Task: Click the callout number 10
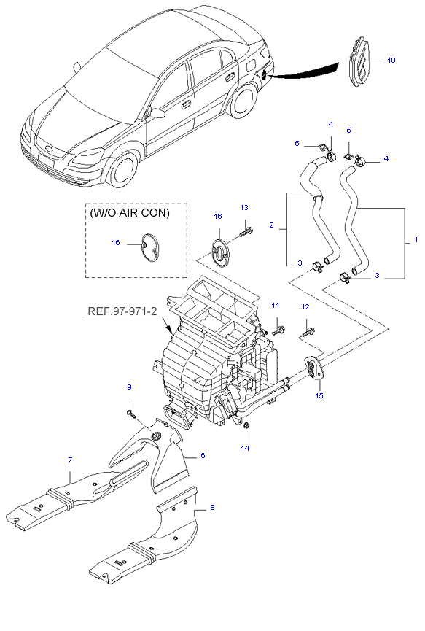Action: pyautogui.click(x=391, y=61)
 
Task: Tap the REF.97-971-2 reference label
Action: pyautogui.click(x=122, y=311)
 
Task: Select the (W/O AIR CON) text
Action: pyautogui.click(x=130, y=212)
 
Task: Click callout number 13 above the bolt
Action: pyautogui.click(x=244, y=208)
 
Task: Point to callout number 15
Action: pyautogui.click(x=319, y=395)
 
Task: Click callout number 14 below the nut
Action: pyautogui.click(x=245, y=448)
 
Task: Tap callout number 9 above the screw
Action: pyautogui.click(x=129, y=387)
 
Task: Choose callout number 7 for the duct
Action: pyautogui.click(x=70, y=460)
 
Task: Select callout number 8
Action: pyautogui.click(x=212, y=508)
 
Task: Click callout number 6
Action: pyautogui.click(x=203, y=455)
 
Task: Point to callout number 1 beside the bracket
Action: pyautogui.click(x=416, y=240)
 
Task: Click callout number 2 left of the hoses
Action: pyautogui.click(x=271, y=225)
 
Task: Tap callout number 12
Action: pyautogui.click(x=305, y=307)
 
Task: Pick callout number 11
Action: pyautogui.click(x=275, y=306)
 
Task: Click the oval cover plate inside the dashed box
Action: pyautogui.click(x=149, y=247)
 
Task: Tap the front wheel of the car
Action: pyautogui.click(x=124, y=169)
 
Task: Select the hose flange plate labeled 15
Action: pyautogui.click(x=314, y=367)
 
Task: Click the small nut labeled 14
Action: pyautogui.click(x=247, y=425)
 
